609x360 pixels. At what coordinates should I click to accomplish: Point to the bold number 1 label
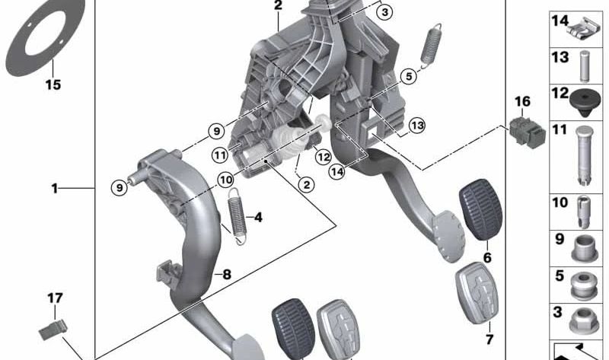point(55,188)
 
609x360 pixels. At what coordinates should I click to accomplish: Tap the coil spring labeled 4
point(238,216)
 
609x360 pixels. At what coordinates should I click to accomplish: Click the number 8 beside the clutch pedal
point(225,274)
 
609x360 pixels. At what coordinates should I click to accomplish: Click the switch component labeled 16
point(525,130)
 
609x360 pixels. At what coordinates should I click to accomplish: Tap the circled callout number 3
point(385,12)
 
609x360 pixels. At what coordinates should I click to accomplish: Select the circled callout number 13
point(416,125)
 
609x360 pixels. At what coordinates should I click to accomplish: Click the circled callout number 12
point(323,157)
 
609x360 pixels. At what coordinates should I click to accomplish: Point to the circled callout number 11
point(220,155)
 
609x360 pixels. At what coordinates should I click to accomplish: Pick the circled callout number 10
point(225,180)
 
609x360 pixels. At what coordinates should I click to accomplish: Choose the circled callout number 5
point(409,76)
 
